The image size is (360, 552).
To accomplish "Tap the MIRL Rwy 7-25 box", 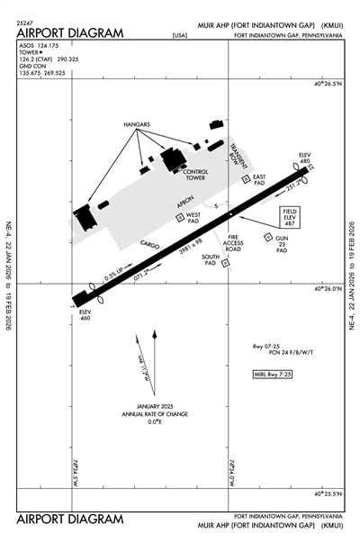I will (274, 372).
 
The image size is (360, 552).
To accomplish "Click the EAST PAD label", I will (260, 179).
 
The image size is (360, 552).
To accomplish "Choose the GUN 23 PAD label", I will (282, 246).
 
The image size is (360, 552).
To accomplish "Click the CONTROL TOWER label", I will (196, 175).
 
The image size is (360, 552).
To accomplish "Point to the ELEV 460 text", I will (85, 315).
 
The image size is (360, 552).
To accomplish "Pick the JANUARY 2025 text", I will (153, 407).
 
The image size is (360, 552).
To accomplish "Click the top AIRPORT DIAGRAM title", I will (69, 32).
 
